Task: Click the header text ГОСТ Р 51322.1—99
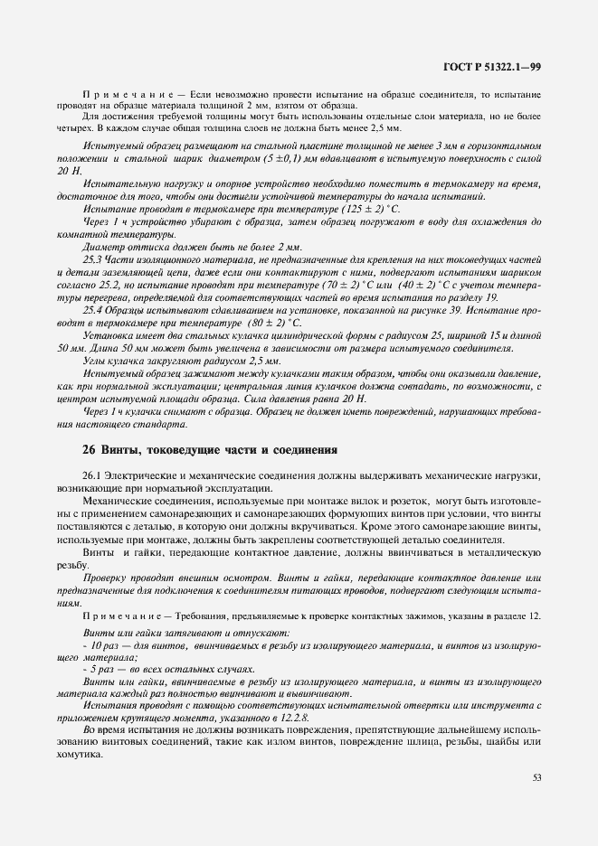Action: (493, 66)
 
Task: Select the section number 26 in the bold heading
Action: (88, 448)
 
